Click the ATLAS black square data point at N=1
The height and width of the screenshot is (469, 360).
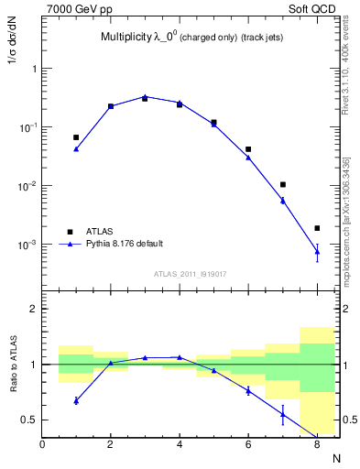(76, 137)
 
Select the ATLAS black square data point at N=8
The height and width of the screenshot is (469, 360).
(317, 228)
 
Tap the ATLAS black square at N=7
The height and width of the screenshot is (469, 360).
(283, 185)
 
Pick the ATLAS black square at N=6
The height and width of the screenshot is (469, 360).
(248, 148)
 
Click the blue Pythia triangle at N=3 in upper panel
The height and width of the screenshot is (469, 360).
(145, 96)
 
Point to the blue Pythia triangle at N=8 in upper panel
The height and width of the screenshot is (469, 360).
(317, 251)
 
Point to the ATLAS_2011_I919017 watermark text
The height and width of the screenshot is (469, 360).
(191, 273)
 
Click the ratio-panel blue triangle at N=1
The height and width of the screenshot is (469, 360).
(76, 400)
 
